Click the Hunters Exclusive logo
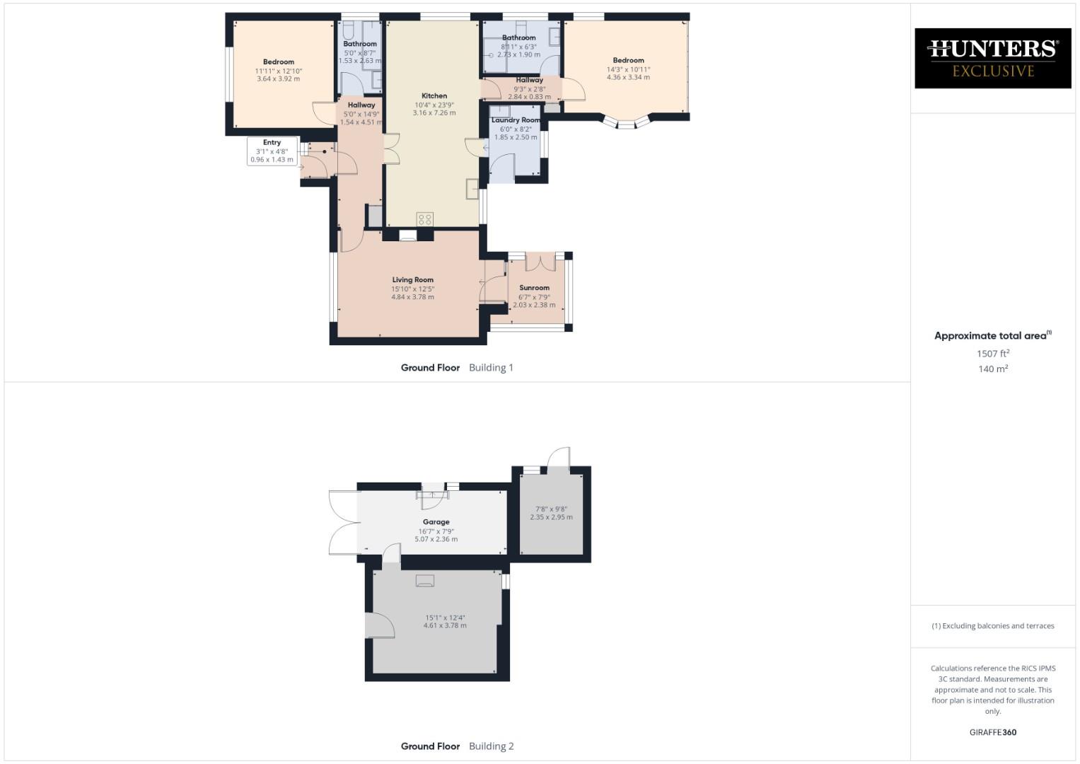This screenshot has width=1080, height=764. (992, 58)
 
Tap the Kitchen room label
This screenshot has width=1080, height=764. (434, 95)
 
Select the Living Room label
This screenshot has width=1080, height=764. (412, 279)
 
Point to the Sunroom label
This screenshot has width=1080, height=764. (534, 288)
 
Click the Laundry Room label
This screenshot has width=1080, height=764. (516, 120)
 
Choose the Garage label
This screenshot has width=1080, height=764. (436, 522)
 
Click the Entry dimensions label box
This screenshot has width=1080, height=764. (272, 151)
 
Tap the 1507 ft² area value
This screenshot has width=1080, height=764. (992, 354)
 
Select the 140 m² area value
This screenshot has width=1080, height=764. (992, 369)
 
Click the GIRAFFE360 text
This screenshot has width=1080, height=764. (992, 732)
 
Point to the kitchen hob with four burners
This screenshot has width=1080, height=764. (424, 219)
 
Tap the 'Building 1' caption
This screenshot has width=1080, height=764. (491, 368)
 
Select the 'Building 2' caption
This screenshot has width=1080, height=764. (491, 746)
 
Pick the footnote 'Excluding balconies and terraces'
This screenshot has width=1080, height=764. (992, 626)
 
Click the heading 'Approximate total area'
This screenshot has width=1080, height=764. (990, 336)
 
